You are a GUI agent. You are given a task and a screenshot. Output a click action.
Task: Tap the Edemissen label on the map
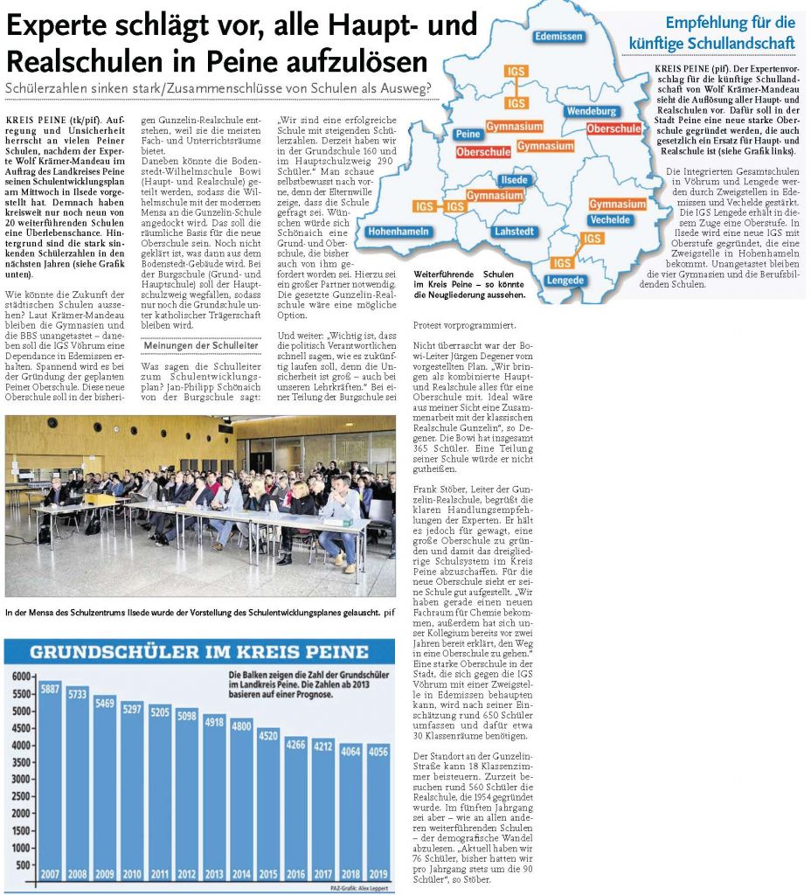pos(558,37)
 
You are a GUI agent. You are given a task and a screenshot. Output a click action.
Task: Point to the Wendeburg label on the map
pos(592,112)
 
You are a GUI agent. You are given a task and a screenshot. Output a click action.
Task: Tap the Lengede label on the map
pos(565,280)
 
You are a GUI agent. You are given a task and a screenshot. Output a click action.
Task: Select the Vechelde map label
pos(611,220)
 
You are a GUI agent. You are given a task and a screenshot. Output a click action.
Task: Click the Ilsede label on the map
pos(513,180)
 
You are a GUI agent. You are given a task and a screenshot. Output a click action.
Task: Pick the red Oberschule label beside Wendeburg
pos(614,128)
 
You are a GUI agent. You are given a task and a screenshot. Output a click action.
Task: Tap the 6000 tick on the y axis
pos(23,677)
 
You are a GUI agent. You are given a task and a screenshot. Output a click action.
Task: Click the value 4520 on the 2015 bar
pos(269,735)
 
